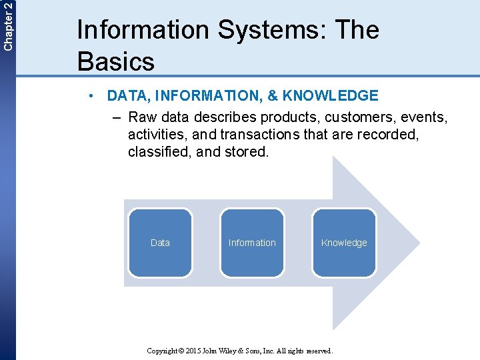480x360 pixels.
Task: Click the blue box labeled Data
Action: coord(160,243)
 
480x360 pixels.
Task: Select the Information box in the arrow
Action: coord(252,243)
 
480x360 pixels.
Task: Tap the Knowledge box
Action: coord(344,243)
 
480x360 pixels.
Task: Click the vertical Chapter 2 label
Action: coord(7,25)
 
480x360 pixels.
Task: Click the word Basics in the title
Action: coord(116,61)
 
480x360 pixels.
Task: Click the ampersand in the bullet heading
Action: coord(273,96)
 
